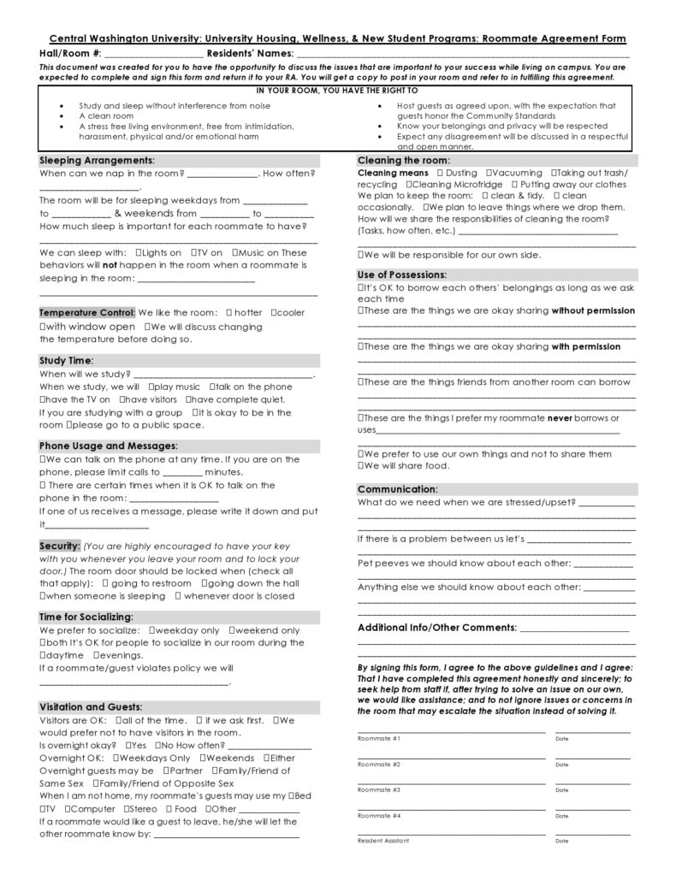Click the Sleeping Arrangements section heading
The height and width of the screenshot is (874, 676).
(97, 161)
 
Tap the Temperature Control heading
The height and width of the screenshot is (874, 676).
(86, 313)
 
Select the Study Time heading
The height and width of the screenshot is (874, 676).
(67, 361)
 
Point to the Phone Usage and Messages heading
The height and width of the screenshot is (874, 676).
(108, 446)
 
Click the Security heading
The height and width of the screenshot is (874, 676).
(60, 546)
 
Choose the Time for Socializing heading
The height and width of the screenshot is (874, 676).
(86, 617)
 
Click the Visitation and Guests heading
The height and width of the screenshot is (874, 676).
(91, 707)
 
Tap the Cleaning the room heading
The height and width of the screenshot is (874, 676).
(403, 161)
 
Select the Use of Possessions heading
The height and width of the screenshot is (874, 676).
(402, 275)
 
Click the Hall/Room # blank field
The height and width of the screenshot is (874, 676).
(157, 55)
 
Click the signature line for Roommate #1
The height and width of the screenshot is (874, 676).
(451, 731)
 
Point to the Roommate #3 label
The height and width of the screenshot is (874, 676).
(379, 790)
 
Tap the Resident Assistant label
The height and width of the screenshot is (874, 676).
(383, 841)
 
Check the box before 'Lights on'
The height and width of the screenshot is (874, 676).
(139, 253)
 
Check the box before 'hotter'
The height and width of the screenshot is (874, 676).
(228, 313)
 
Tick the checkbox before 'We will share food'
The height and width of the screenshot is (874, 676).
(361, 466)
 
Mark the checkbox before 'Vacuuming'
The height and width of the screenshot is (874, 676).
(489, 173)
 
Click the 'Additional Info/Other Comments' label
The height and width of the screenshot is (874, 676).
(437, 628)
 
